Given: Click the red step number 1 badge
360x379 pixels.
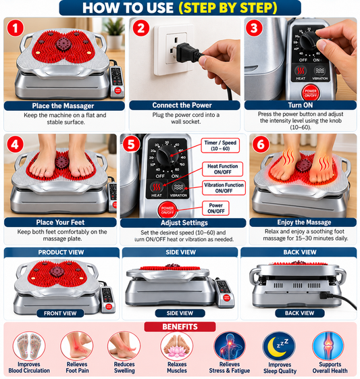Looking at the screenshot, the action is pyautogui.click(x=16, y=28).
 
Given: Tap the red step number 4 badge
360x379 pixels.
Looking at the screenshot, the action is pyautogui.click(x=15, y=145).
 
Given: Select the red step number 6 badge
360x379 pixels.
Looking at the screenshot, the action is pyautogui.click(x=261, y=145).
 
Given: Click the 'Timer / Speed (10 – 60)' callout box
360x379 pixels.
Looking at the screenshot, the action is pyautogui.click(x=220, y=145).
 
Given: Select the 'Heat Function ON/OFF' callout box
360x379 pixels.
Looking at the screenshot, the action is pyautogui.click(x=222, y=169).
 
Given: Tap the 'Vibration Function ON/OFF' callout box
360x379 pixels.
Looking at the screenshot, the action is pyautogui.click(x=224, y=188).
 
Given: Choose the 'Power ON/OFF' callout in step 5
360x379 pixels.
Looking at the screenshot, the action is pyautogui.click(x=215, y=208).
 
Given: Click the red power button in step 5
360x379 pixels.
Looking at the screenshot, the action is pyautogui.click(x=168, y=210).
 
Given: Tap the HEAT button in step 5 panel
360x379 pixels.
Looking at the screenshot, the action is pyautogui.click(x=157, y=189).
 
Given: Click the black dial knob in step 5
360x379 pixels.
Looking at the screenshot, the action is pyautogui.click(x=168, y=155).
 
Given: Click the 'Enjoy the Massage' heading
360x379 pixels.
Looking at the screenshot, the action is pyautogui.click(x=303, y=222).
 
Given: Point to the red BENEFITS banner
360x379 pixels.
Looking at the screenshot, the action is pyautogui.click(x=180, y=327).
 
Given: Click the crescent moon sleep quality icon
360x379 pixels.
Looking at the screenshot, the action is pyautogui.click(x=280, y=347).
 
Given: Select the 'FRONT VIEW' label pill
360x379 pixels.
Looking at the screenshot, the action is pyautogui.click(x=60, y=313).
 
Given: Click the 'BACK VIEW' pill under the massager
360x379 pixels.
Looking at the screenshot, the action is pyautogui.click(x=300, y=313).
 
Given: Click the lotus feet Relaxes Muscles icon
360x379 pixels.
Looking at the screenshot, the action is pyautogui.click(x=176, y=346).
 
